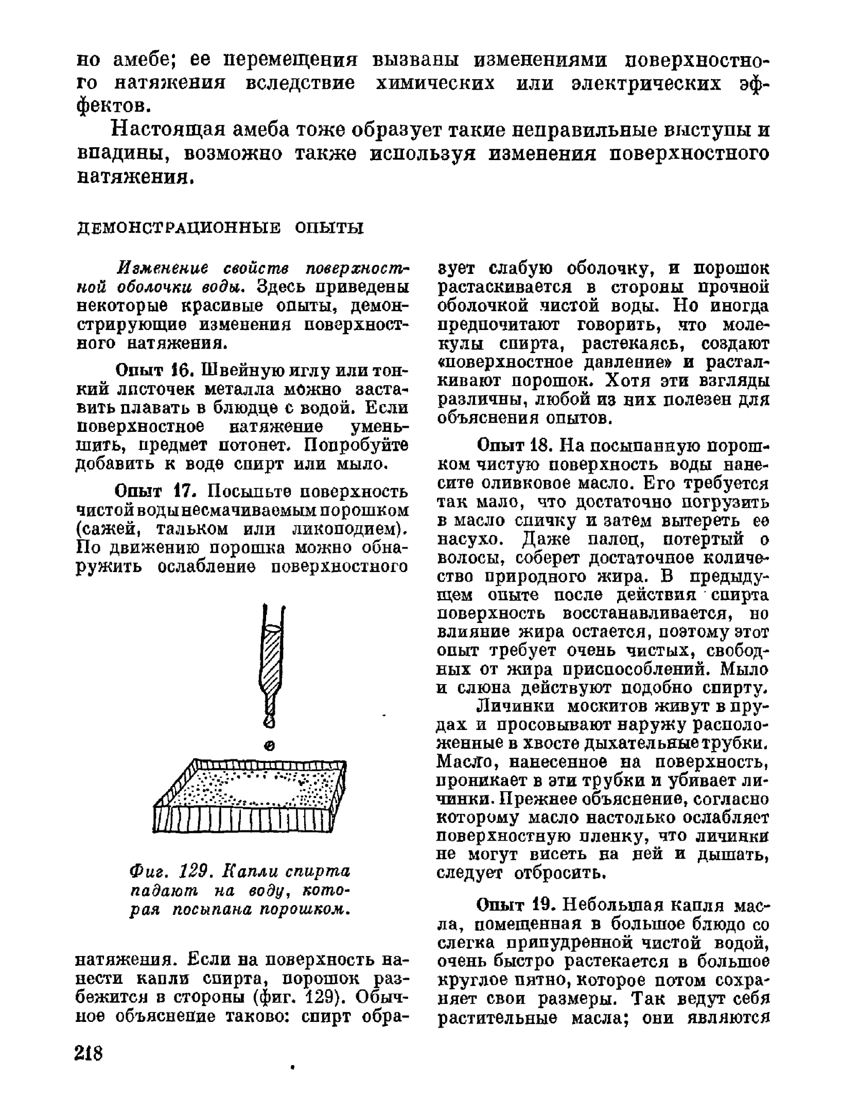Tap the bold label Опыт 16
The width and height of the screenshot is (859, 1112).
click(x=147, y=370)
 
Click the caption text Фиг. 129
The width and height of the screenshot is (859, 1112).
click(x=173, y=872)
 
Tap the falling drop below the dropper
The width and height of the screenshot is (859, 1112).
click(x=268, y=745)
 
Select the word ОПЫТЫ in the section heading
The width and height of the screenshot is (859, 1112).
click(x=329, y=228)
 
